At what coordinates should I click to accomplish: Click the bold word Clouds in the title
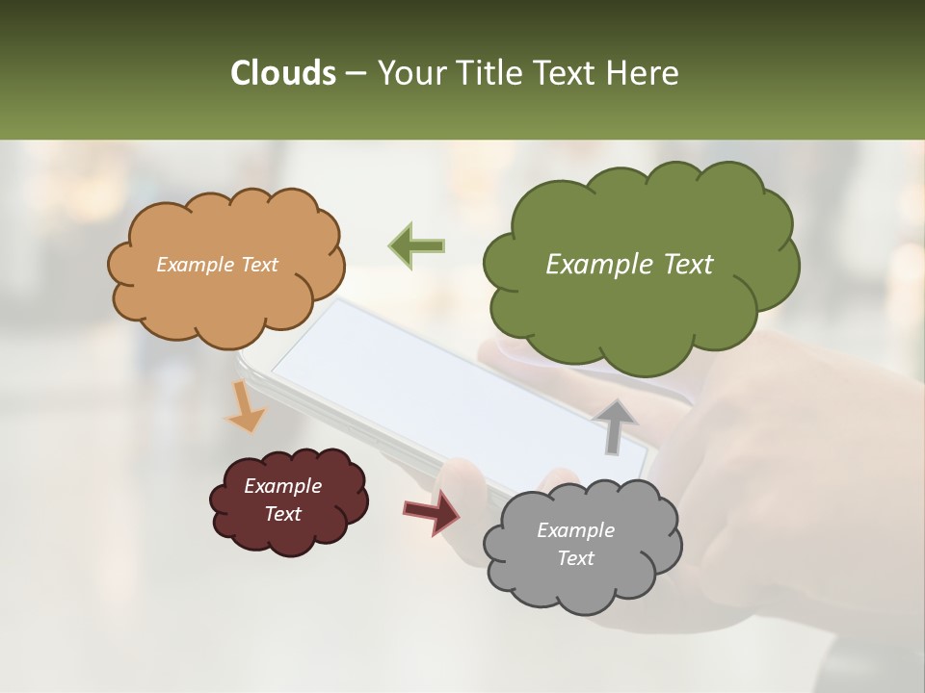[282, 73]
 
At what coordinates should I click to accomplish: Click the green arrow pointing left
[416, 246]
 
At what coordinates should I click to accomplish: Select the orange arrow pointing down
[245, 408]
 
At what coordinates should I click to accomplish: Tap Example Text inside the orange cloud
[217, 265]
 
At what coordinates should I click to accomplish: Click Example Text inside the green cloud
[629, 265]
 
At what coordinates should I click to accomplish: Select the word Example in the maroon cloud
[282, 486]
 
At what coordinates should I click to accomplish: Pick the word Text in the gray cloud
[575, 558]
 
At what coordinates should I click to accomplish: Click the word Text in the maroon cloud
[282, 514]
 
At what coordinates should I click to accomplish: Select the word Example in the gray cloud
[575, 530]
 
